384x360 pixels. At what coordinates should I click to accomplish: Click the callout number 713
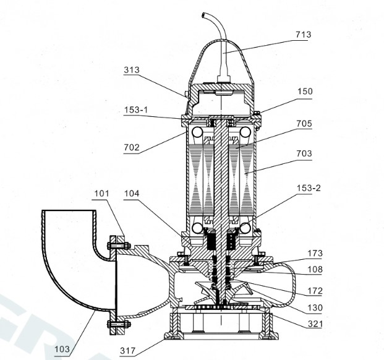(x=304, y=35)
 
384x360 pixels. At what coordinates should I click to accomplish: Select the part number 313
(x=132, y=70)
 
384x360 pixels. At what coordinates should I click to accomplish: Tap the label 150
(x=305, y=92)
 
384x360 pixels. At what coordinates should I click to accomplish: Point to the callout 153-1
(x=136, y=110)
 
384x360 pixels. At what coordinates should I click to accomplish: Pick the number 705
(x=304, y=124)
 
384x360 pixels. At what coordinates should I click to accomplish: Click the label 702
(x=132, y=147)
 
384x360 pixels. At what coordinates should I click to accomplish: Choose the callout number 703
(x=304, y=153)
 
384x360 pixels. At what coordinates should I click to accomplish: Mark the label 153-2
(x=309, y=188)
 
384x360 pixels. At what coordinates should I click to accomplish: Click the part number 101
(x=101, y=194)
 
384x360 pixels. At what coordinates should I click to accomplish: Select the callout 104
(x=132, y=194)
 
